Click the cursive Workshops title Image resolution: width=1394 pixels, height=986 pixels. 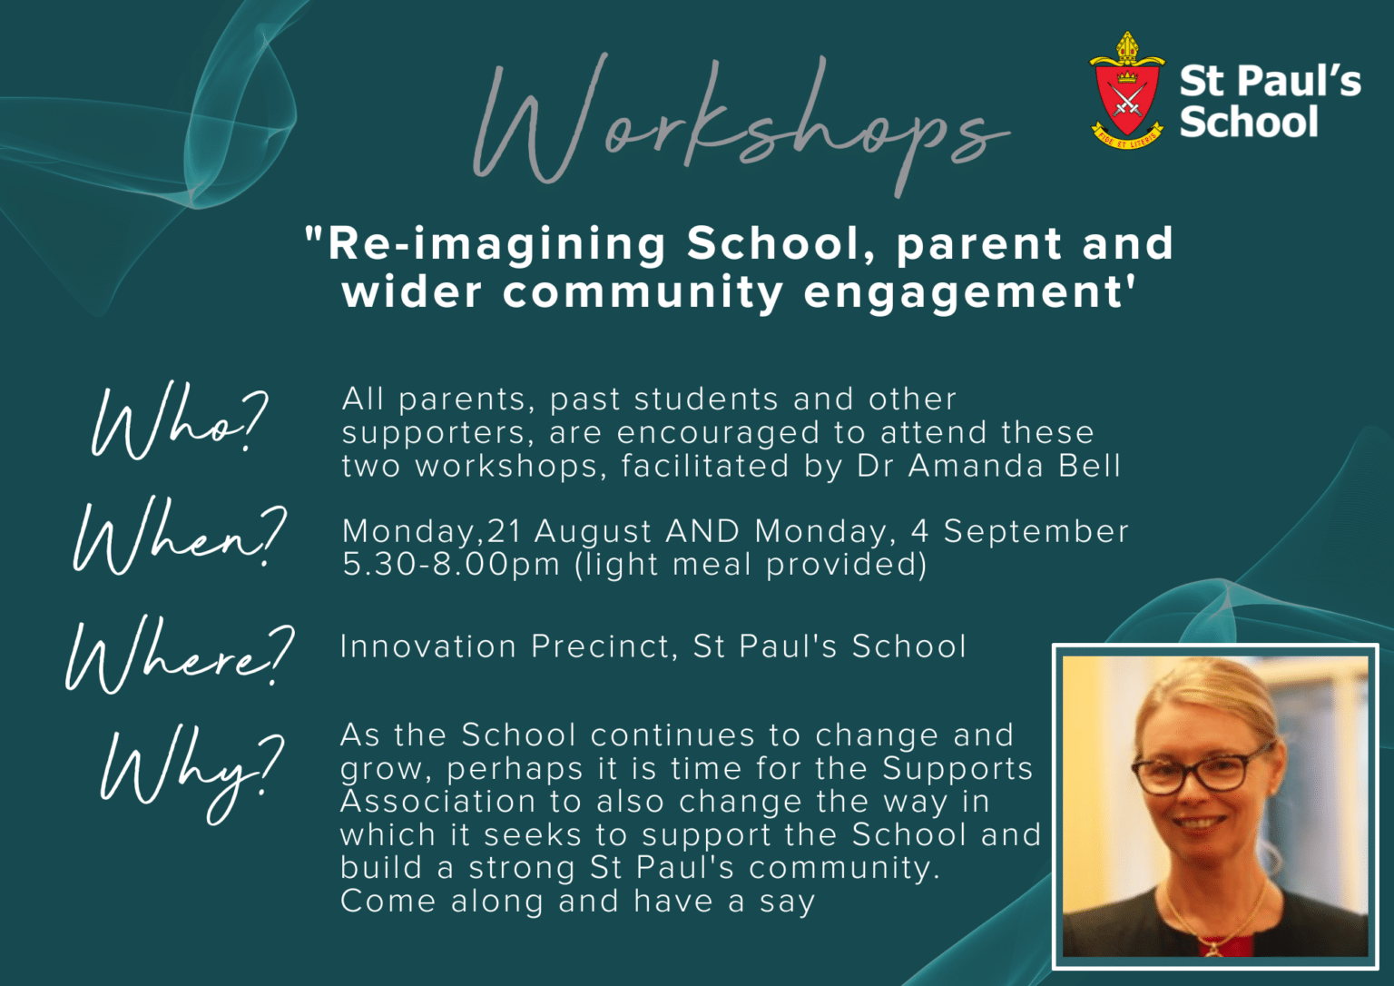pos(741,124)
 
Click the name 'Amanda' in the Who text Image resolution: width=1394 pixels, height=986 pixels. pos(975,467)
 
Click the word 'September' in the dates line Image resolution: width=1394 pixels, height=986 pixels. pos(1036,532)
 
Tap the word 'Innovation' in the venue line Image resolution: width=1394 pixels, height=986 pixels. pos(427,646)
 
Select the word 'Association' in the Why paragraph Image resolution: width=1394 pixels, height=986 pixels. pos(437,801)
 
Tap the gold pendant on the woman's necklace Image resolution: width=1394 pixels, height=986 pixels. pos(1212,949)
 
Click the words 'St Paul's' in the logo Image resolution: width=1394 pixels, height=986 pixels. pos(1271,81)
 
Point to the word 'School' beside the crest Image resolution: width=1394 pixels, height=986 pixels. pos(1249,121)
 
